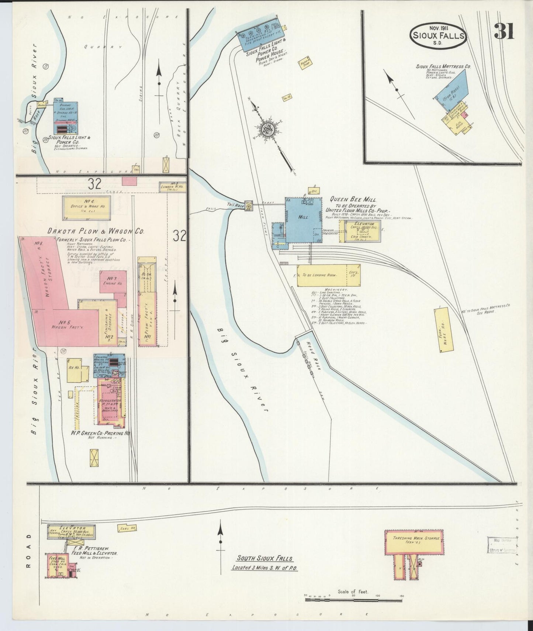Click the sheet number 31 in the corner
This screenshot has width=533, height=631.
[x=504, y=31]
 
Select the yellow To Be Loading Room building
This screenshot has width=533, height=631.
[x=329, y=275]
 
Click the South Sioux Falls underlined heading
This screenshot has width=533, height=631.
[x=264, y=559]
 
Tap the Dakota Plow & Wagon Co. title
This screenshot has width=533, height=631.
[x=95, y=231]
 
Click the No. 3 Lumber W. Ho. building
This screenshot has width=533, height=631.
[x=172, y=187]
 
